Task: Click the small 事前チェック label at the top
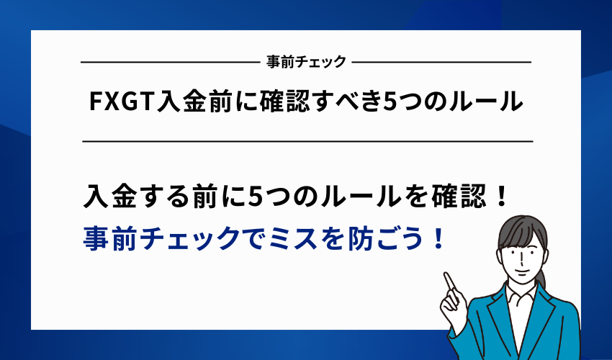click(x=306, y=62)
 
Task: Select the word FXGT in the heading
click(x=117, y=102)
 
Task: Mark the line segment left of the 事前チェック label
click(x=169, y=63)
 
